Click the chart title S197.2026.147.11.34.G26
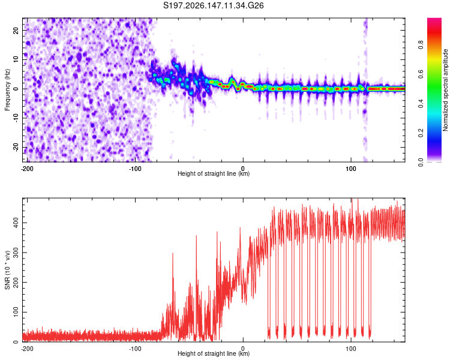coord(213,5)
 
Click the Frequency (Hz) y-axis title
coord(7,89)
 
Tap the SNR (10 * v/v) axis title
coord(7,270)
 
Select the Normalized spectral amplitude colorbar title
coord(445,90)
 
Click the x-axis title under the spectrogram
coord(214,173)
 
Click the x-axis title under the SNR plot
coord(214,353)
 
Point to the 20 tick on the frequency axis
coord(16,31)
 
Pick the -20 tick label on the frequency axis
coord(16,148)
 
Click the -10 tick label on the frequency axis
coord(16,118)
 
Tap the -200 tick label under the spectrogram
coord(27,169)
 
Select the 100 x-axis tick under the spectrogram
coord(351,169)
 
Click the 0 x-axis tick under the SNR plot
coord(243,349)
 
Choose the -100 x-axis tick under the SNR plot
coord(135,349)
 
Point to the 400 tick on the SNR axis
coord(16,223)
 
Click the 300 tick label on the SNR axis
coord(16,253)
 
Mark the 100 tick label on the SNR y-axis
coord(16,312)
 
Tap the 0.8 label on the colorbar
coord(421,45)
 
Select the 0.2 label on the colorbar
coord(421,133)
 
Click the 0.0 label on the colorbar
coord(421,162)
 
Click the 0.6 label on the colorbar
coord(421,74)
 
